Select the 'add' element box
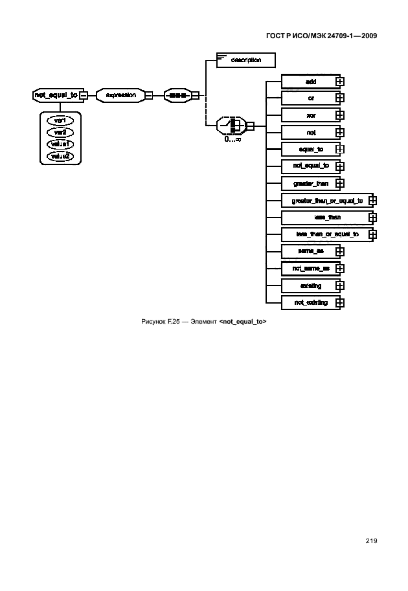tap(310, 81)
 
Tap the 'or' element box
tap(310, 98)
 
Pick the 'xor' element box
tap(310, 115)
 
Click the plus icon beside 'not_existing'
tap(339, 302)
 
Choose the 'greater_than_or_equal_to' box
tap(326, 201)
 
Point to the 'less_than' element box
tap(326, 217)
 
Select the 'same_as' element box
tap(310, 251)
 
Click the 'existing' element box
tap(310, 285)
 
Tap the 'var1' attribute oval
tap(60, 120)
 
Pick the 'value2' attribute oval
tap(60, 156)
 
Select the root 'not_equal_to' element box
tap(55, 95)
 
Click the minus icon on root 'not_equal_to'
tap(84, 96)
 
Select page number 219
tap(370, 541)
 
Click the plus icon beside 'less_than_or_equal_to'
tap(372, 234)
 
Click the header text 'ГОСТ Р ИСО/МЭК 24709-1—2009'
tap(321, 36)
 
